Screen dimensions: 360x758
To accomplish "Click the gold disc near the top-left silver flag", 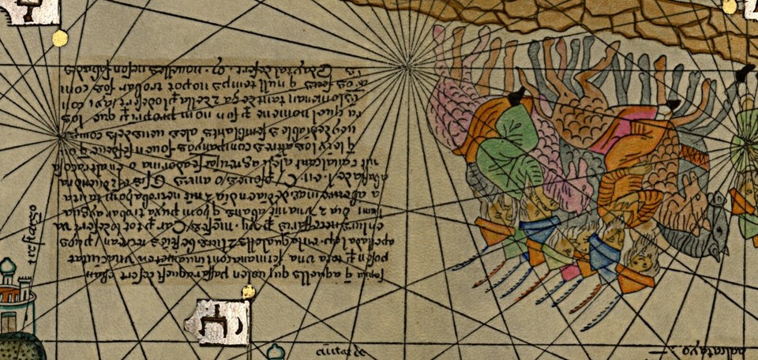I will pyautogui.click(x=59, y=36).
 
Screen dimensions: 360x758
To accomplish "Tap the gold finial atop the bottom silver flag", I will pyautogui.click(x=249, y=292).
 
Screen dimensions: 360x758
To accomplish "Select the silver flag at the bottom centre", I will pyautogui.click(x=216, y=322).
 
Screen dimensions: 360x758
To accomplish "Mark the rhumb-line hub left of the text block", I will pyautogui.click(x=62, y=137).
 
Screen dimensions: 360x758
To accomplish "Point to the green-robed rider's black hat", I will pyautogui.click(x=517, y=96).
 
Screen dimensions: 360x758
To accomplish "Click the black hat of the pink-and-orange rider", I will pyautogui.click(x=673, y=104).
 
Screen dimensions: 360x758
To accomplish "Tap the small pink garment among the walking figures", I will pyautogui.click(x=568, y=272).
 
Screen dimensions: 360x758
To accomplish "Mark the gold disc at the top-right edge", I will pyautogui.click(x=730, y=7).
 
